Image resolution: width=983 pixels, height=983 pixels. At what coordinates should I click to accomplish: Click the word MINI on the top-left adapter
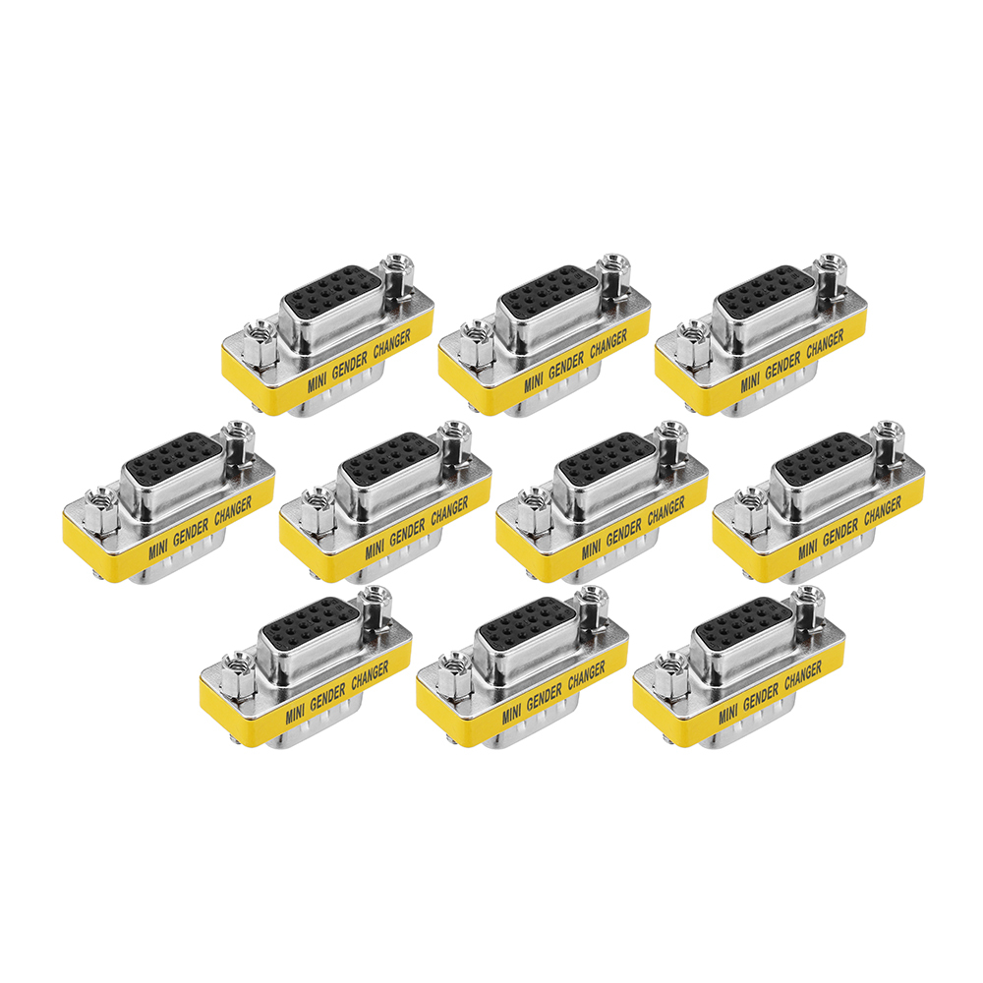(317, 381)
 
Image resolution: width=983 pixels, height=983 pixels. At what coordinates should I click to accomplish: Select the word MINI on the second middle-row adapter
(375, 549)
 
